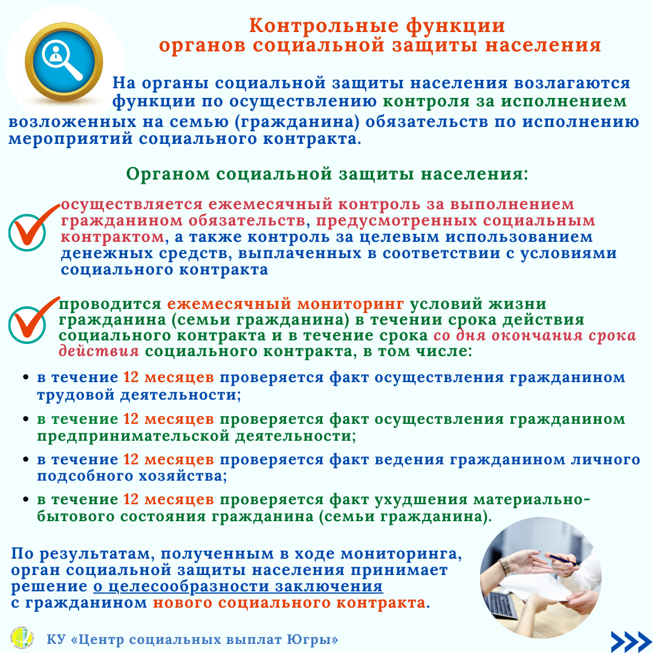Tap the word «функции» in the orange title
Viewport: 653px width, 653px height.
[455, 27]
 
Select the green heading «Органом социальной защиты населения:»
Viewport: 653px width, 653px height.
[327, 174]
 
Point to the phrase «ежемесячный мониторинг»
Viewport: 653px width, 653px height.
[285, 304]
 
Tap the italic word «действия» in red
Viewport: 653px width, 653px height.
[99, 351]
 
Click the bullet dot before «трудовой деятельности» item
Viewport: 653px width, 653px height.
[26, 378]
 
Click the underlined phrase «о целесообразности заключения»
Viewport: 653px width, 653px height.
[238, 586]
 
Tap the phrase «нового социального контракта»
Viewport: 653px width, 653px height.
[289, 603]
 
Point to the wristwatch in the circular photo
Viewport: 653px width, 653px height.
[505, 567]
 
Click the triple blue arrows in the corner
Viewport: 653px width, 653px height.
[631, 642]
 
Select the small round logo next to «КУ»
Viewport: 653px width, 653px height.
[22, 638]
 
